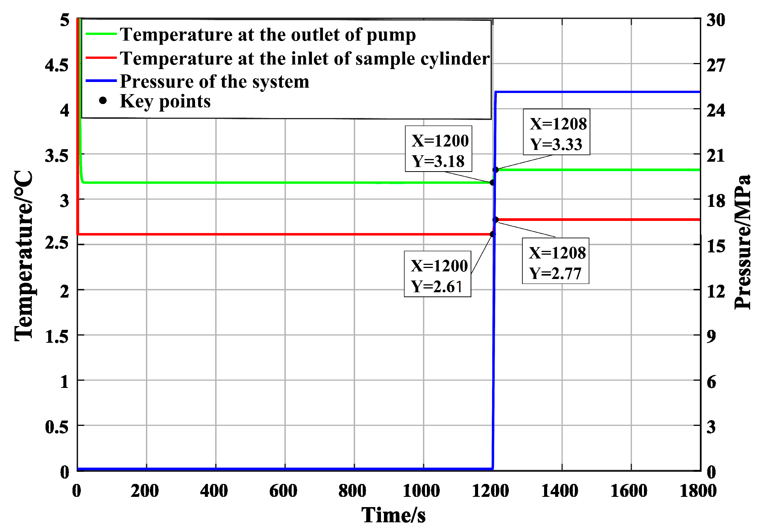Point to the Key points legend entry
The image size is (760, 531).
click(165, 101)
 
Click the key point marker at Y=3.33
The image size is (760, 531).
click(496, 170)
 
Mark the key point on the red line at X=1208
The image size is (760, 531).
click(496, 220)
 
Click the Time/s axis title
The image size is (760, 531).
click(393, 515)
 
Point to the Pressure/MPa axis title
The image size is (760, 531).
click(743, 242)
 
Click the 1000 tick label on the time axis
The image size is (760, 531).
click(421, 491)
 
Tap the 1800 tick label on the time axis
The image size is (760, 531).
click(698, 491)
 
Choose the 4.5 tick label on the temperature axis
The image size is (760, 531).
click(57, 65)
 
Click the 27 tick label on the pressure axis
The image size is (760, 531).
click(716, 65)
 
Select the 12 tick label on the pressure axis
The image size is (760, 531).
click(716, 291)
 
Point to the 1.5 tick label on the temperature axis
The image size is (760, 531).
click(57, 336)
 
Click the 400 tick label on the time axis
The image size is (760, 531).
click(214, 491)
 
